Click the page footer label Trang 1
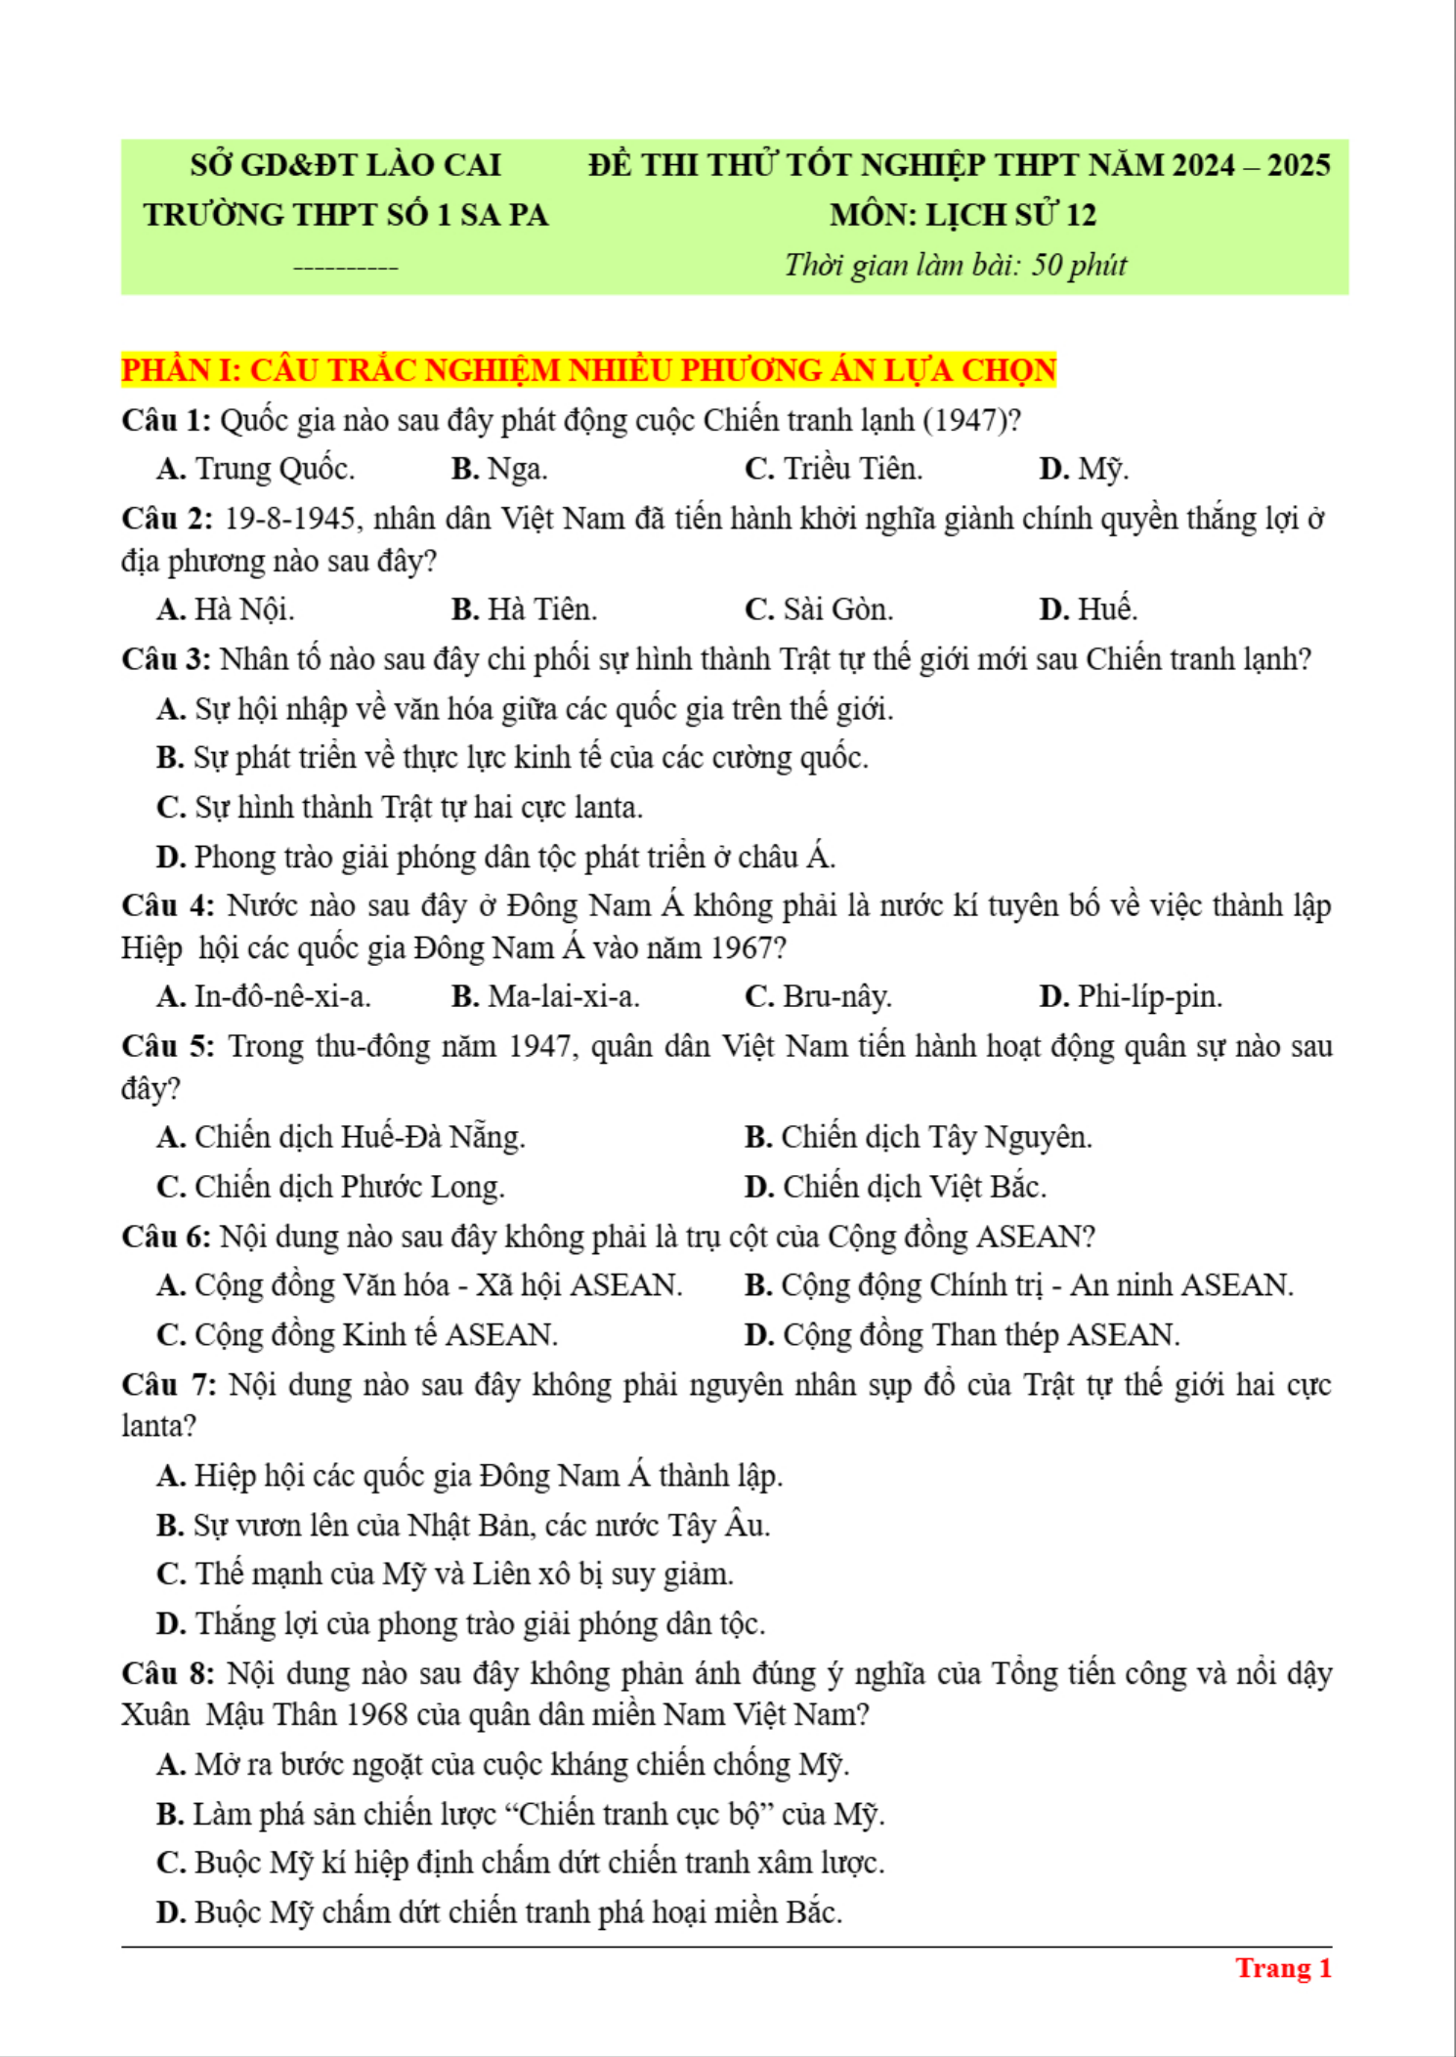coord(1283,1968)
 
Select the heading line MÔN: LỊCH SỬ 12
coord(963,215)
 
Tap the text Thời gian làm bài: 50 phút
coord(955,265)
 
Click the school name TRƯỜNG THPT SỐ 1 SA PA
coord(346,215)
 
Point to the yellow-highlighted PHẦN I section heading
coord(588,370)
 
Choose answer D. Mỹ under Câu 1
coord(1083,469)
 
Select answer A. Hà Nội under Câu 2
coord(226,609)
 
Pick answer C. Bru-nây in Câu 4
coord(818,996)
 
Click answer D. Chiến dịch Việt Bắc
coord(895,1187)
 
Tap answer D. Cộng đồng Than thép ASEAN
coord(962,1334)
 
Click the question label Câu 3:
coord(166,659)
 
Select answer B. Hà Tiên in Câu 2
coord(524,609)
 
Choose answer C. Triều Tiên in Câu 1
coord(834,469)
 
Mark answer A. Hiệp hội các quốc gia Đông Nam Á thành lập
coord(469,1475)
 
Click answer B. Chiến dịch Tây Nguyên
coord(918,1137)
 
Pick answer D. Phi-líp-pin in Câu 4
coord(1131,996)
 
